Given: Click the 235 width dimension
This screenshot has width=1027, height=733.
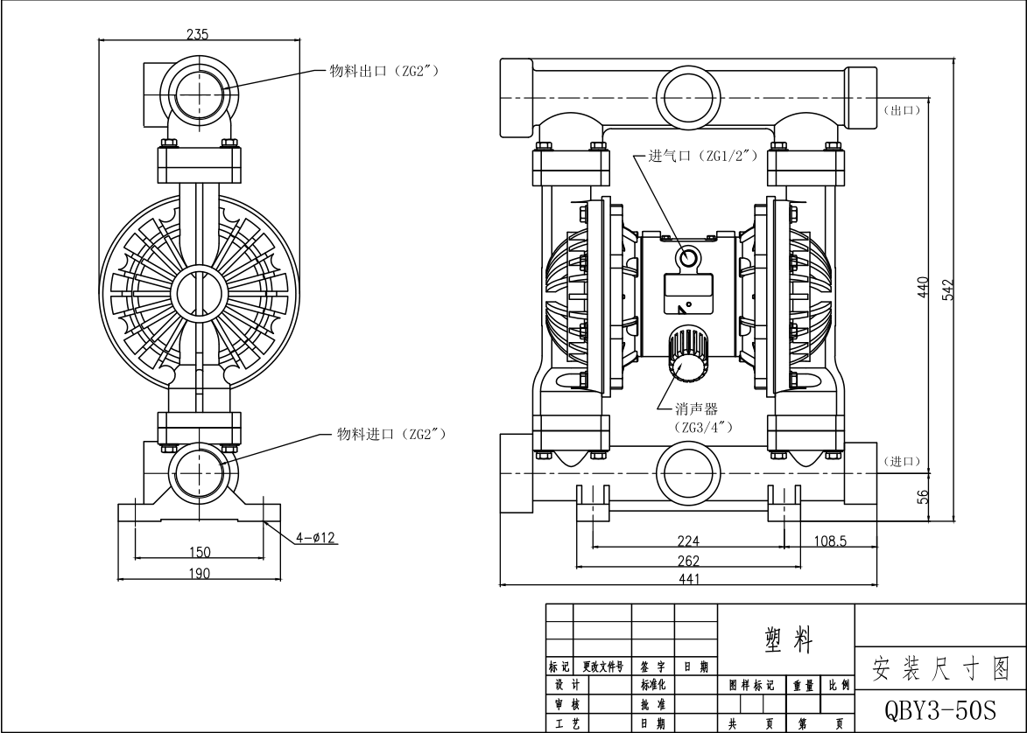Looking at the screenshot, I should [197, 34].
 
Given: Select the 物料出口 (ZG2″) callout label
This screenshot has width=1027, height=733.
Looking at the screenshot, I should [383, 69].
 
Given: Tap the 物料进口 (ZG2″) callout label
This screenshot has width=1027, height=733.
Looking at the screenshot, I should [392, 433].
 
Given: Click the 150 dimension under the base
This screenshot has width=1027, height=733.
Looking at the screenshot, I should [200, 551].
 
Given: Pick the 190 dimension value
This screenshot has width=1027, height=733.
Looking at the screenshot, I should [200, 573].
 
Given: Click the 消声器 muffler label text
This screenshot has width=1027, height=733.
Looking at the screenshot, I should [696, 409].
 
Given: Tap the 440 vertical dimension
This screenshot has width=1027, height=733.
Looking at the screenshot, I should [924, 288].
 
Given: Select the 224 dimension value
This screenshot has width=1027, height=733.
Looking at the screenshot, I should [688, 541].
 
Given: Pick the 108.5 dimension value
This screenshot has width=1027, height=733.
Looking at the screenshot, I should [830, 541].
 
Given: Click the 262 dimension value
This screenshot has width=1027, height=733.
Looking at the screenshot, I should [688, 561].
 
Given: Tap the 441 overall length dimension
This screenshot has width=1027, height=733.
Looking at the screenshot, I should [688, 579].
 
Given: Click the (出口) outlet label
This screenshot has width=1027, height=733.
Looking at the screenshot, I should [902, 110].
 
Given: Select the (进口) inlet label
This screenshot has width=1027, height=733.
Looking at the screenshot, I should [902, 461].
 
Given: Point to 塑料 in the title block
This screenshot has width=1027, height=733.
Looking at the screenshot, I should [784, 642].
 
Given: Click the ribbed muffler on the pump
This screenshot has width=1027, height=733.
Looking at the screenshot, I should [686, 353].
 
